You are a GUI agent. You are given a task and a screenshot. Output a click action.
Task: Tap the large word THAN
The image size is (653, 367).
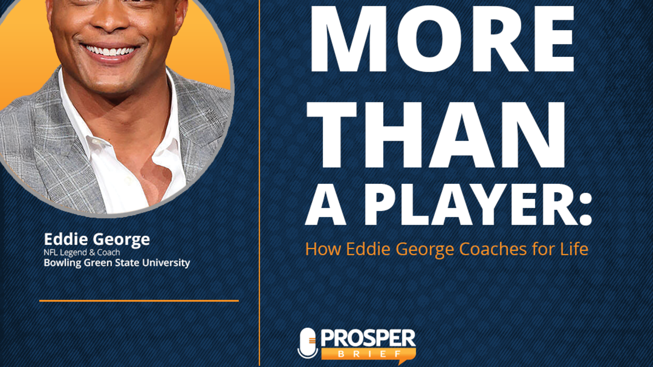436,134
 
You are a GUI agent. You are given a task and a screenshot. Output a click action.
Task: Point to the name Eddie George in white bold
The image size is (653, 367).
97,240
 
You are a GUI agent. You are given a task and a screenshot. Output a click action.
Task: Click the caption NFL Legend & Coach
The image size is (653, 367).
82,252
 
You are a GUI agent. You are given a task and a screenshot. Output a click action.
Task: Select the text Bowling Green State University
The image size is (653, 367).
117,263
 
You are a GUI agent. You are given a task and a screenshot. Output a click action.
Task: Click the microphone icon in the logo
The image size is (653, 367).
307,343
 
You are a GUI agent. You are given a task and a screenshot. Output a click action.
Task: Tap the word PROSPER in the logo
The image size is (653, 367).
368,338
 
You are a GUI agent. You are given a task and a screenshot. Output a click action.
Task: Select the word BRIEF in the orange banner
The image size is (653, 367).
368,354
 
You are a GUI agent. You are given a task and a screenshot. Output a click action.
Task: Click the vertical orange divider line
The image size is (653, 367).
259,184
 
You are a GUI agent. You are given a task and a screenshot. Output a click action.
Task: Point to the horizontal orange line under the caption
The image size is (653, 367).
139,301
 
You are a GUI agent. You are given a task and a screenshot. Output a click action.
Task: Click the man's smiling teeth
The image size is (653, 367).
110,50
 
